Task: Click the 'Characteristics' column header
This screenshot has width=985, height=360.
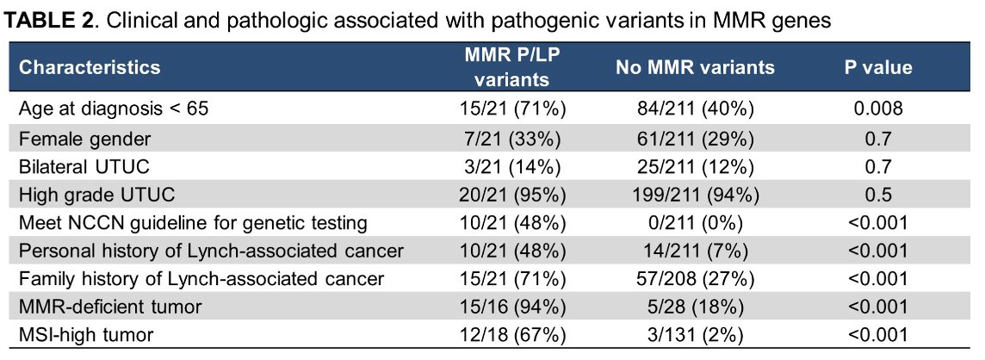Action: [90, 67]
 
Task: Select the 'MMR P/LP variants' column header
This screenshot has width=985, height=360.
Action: [511, 67]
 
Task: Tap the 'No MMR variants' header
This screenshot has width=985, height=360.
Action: [696, 67]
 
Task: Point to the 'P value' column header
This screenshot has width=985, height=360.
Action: [877, 67]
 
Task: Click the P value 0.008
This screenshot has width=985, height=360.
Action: [877, 109]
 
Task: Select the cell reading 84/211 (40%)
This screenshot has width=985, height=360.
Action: [696, 109]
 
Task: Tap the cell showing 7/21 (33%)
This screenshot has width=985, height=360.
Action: [511, 138]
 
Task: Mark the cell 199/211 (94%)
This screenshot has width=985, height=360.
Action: [696, 195]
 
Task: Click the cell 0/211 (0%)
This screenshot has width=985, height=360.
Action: [696, 222]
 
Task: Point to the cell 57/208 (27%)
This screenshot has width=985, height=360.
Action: [696, 278]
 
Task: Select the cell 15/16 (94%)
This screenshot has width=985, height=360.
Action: [511, 307]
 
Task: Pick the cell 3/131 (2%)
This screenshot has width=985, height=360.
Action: [696, 335]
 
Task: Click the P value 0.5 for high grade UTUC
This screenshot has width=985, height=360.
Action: [877, 195]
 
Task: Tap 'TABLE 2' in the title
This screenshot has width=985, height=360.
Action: [49, 20]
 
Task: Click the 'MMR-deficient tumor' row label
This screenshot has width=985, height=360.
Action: [110, 307]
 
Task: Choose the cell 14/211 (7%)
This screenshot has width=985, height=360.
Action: [696, 251]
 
